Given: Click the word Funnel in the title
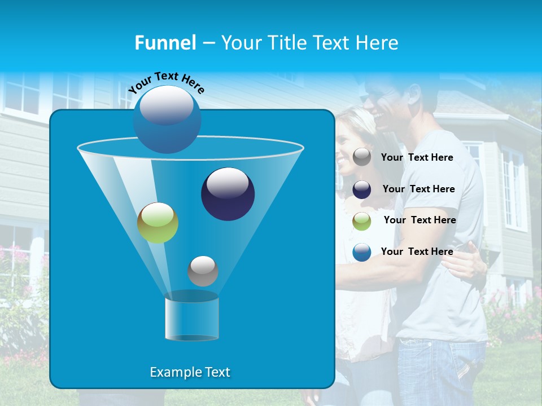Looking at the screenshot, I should click(165, 43).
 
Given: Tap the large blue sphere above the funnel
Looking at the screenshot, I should click(167, 119).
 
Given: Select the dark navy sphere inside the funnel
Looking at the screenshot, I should click(228, 194).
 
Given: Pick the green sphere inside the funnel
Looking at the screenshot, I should click(158, 223).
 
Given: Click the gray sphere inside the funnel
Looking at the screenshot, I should click(203, 271).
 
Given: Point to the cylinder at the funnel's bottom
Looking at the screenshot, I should click(191, 318).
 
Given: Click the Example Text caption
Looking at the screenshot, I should click(190, 372).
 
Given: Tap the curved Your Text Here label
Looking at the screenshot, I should click(166, 82).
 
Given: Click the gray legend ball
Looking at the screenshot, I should click(362, 157).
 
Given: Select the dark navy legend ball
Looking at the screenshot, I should click(362, 189).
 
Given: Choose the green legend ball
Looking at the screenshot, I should click(362, 221).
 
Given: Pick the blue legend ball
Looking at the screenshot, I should click(362, 252).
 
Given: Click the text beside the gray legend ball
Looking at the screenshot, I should click(417, 157).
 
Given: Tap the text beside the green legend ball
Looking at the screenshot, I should click(419, 220).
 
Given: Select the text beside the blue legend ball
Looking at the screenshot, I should click(417, 251).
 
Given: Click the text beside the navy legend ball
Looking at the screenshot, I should click(418, 189).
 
